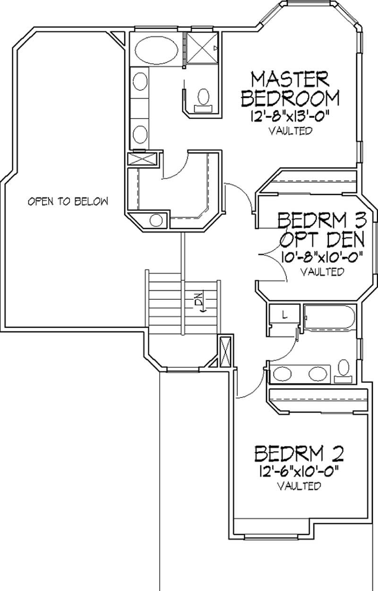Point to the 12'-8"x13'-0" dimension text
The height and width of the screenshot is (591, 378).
pos(290,116)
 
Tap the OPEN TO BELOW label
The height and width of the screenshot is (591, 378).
pos(68,202)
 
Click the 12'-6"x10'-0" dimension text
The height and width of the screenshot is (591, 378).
pos(299,471)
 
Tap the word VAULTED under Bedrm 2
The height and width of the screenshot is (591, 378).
pos(300,485)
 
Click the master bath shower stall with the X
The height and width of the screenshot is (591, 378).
pos(203,47)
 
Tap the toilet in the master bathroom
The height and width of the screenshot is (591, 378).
pos(204,98)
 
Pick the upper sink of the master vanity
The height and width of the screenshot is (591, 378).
pos(140,83)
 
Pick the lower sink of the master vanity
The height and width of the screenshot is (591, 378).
pos(140,134)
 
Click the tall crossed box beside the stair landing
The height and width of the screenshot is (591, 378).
pos(225,351)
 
